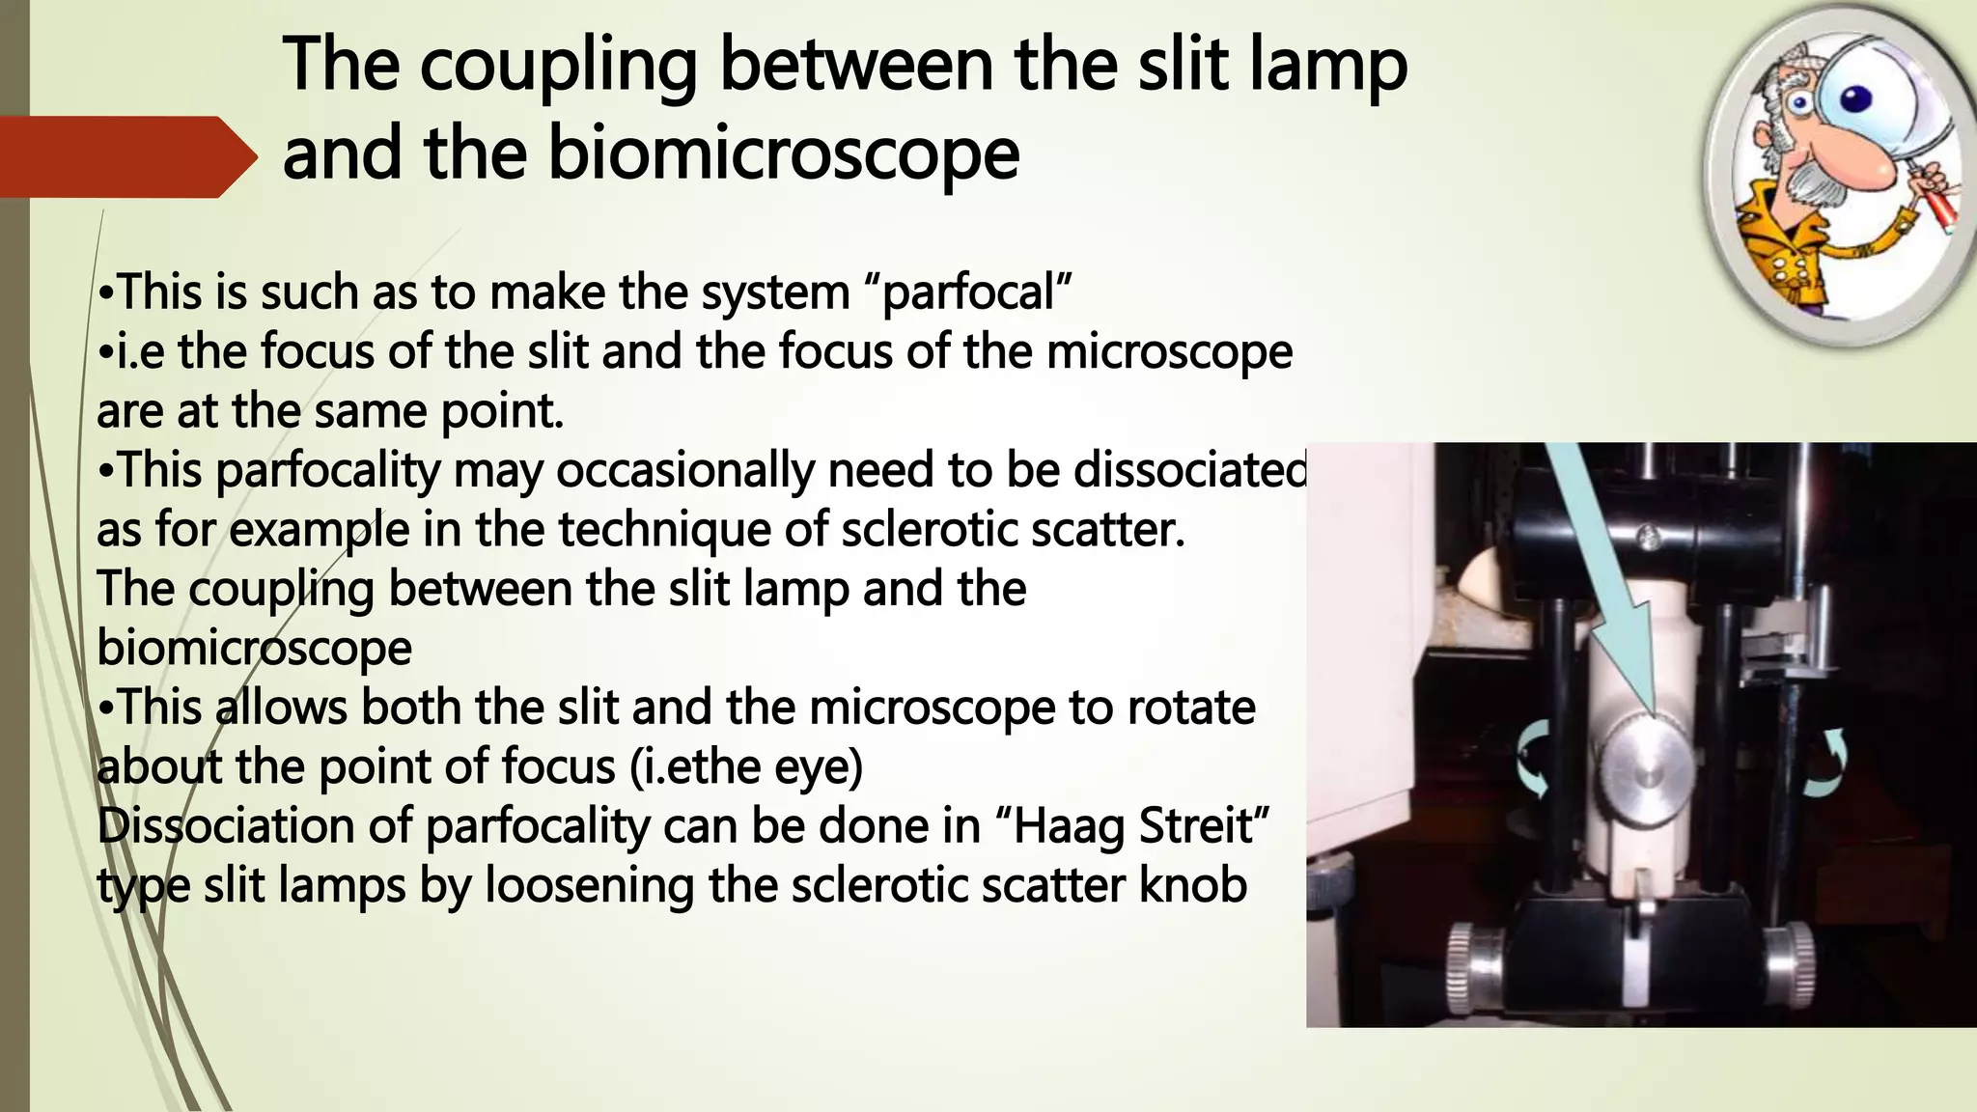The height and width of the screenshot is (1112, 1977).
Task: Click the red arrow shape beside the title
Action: (x=125, y=157)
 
